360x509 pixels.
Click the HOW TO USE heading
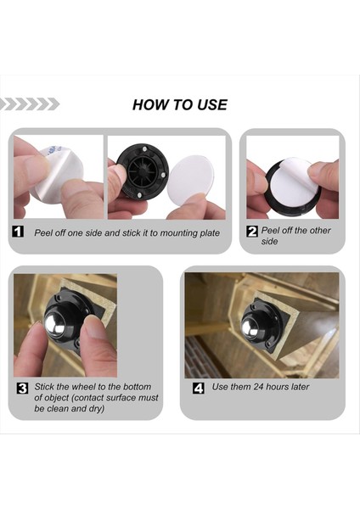(x=180, y=105)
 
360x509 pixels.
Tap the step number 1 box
(x=18, y=232)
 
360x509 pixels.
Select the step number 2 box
(x=252, y=232)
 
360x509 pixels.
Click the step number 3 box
(x=22, y=389)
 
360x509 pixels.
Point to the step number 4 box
(x=199, y=388)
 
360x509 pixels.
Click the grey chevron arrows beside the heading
(x=30, y=104)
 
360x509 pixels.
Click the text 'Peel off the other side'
(x=295, y=236)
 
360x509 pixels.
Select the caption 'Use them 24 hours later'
(x=261, y=387)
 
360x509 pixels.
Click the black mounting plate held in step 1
(x=143, y=171)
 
